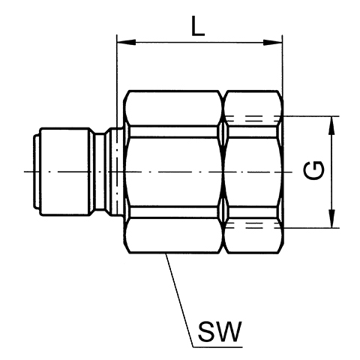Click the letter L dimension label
[198, 26]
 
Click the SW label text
[220, 331]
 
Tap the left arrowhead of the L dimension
[126, 42]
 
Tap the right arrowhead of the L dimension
[273, 42]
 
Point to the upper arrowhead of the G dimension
[331, 126]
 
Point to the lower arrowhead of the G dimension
[331, 218]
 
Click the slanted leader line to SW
[180, 300]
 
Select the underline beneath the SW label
[218, 347]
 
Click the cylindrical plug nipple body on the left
[65, 172]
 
